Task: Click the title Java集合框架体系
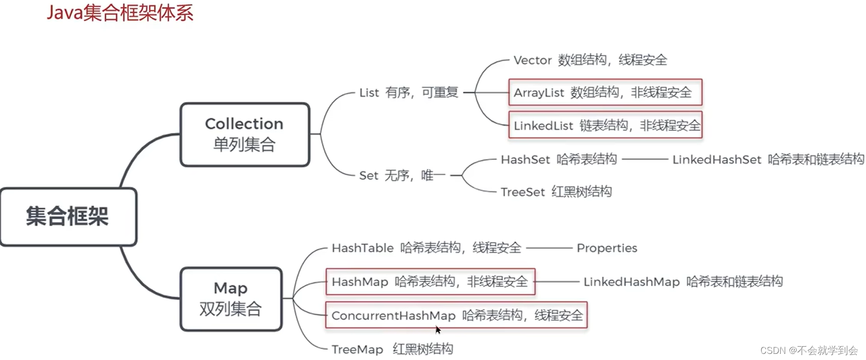click(x=120, y=13)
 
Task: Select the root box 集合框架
click(x=68, y=217)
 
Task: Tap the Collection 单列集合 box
click(x=245, y=135)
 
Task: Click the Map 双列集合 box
click(x=231, y=299)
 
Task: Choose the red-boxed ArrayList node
click(x=605, y=92)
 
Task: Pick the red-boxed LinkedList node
click(x=606, y=125)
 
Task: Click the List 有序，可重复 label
click(x=408, y=92)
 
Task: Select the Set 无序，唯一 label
click(x=402, y=176)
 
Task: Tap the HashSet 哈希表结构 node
click(x=559, y=159)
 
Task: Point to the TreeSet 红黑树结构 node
click(x=556, y=192)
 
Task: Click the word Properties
click(x=607, y=248)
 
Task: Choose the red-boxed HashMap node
click(x=430, y=281)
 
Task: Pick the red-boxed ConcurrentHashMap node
click(x=456, y=316)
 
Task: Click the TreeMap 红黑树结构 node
click(x=392, y=349)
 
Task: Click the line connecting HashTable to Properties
click(x=549, y=248)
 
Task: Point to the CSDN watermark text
click(x=809, y=350)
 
